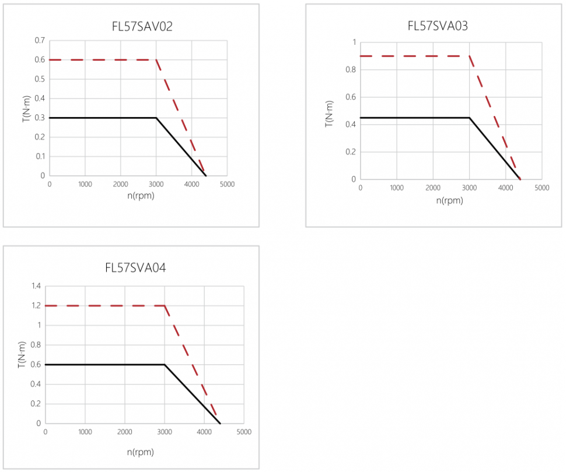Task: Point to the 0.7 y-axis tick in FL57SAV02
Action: tap(40, 40)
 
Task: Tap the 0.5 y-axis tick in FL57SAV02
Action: tap(40, 79)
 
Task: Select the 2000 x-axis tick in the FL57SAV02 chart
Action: tap(120, 184)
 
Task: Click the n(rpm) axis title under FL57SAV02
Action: tap(138, 195)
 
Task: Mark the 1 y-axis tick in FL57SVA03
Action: tap(353, 43)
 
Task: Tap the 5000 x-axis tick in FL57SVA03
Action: tap(541, 188)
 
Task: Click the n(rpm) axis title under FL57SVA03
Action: tap(449, 200)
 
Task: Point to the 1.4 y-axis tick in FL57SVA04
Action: tap(36, 286)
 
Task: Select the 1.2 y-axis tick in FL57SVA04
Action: tap(36, 306)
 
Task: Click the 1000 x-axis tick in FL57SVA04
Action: tap(85, 432)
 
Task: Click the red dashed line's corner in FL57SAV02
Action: tap(156, 59)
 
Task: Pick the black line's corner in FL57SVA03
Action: tap(469, 118)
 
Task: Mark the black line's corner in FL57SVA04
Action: tap(165, 365)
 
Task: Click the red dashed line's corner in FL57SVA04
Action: tap(165, 305)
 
